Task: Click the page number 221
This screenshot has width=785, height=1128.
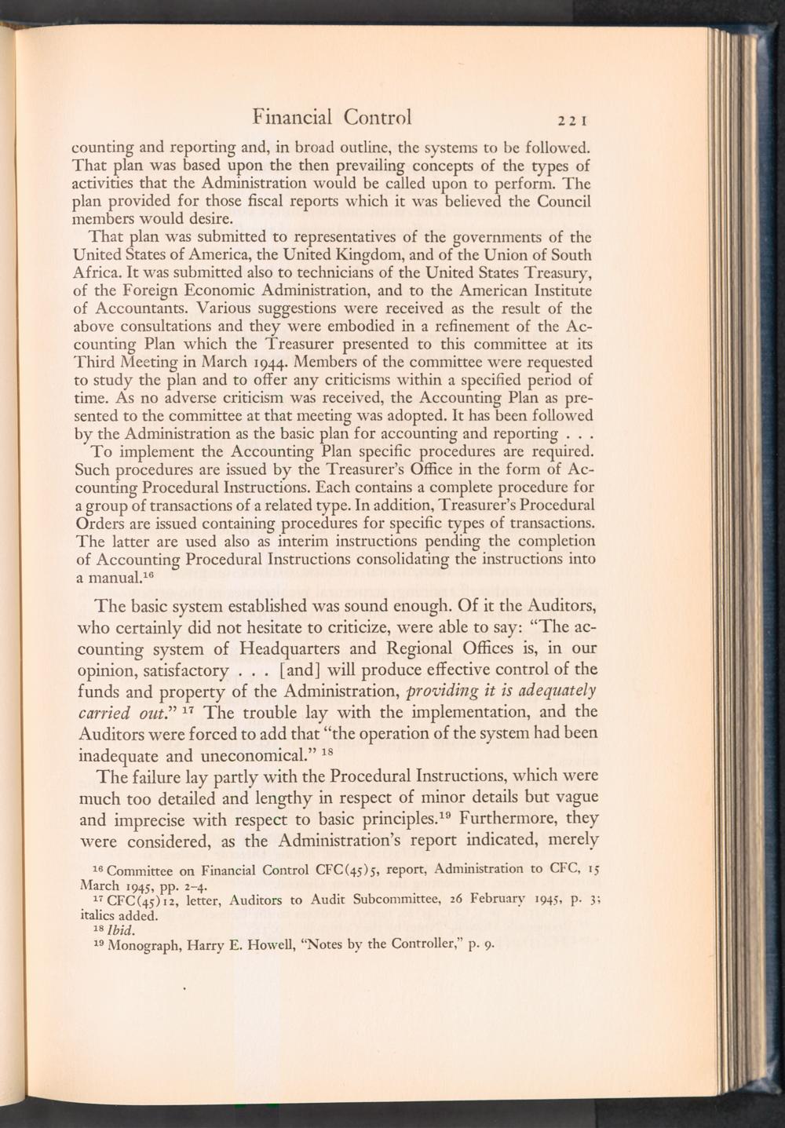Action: (x=574, y=120)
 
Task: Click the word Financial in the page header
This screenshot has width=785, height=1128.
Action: (x=292, y=117)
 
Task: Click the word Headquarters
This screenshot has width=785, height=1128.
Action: (x=299, y=648)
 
